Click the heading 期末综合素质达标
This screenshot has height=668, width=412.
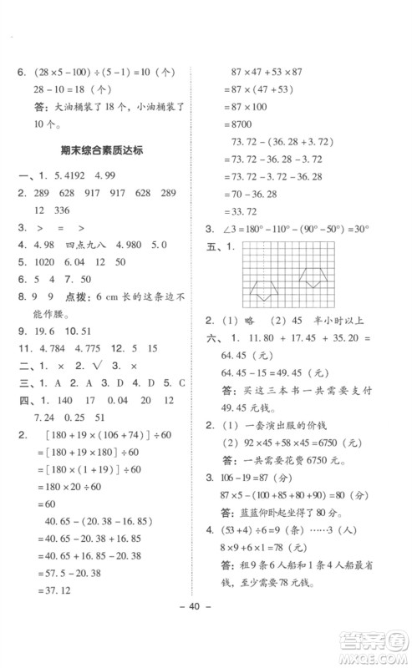click(x=109, y=151)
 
